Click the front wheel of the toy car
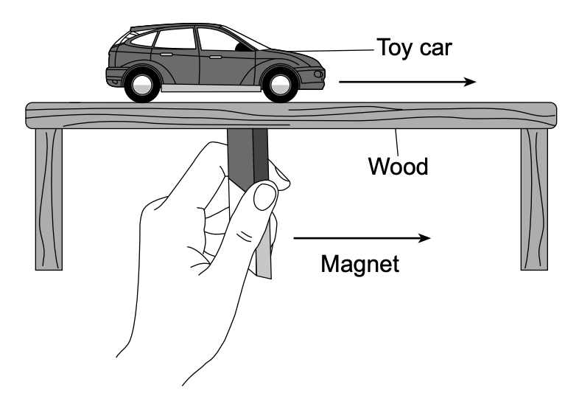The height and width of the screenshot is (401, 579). pyautogui.click(x=279, y=84)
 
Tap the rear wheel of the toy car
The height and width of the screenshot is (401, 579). pyautogui.click(x=142, y=84)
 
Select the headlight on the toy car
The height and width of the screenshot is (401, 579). pyautogui.click(x=318, y=74)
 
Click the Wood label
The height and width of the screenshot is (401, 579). pyautogui.click(x=399, y=167)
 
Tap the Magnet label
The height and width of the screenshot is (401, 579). pyautogui.click(x=360, y=264)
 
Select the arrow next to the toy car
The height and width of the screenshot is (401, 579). pyautogui.click(x=407, y=82)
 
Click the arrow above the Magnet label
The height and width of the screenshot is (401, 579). pyautogui.click(x=362, y=238)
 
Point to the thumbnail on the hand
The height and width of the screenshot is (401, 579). pyautogui.click(x=265, y=197)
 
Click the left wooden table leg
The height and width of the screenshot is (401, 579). pyautogui.click(x=49, y=199)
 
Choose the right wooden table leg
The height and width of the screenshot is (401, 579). pyautogui.click(x=534, y=199)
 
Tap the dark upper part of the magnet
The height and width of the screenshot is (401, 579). pyautogui.click(x=247, y=157)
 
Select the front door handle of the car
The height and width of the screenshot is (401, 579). pyautogui.click(x=215, y=57)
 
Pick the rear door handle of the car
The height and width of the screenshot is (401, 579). pyautogui.click(x=166, y=55)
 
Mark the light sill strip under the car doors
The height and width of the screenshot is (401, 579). pyautogui.click(x=211, y=88)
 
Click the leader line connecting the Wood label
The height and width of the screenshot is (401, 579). pyautogui.click(x=396, y=142)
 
